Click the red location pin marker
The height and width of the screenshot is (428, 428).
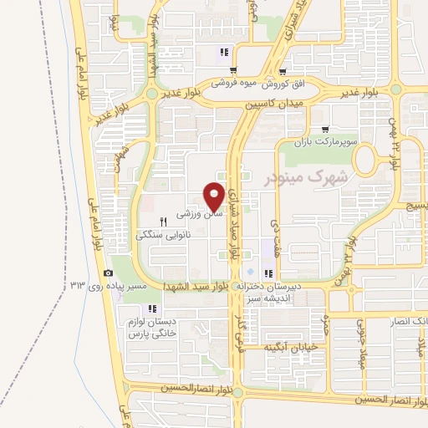pyautogui.click(x=214, y=196)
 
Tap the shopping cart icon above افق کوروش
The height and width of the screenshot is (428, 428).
pyautogui.click(x=283, y=72)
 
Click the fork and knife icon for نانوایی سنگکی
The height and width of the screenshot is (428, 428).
pyautogui.click(x=164, y=222)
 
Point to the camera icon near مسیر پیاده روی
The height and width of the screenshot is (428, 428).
pyautogui.click(x=107, y=273)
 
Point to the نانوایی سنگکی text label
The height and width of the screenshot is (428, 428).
pyautogui.click(x=164, y=236)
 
